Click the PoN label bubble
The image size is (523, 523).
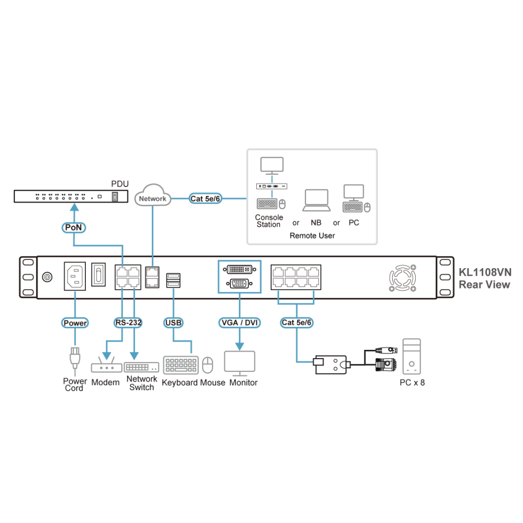[74, 227]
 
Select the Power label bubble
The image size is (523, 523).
[75, 323]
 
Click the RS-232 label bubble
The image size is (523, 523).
[128, 323]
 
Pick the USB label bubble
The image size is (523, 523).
[174, 323]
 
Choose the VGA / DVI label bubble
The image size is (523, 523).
[239, 323]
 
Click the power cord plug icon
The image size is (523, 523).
[75, 358]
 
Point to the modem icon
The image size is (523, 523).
[106, 367]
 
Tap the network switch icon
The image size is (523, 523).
[141, 367]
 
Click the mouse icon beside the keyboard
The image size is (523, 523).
[207, 365]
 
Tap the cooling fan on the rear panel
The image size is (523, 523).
[402, 277]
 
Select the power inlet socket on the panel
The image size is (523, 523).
[75, 277]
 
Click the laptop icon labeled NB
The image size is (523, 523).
[316, 200]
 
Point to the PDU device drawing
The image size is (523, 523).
[71, 196]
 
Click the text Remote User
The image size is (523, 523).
[312, 235]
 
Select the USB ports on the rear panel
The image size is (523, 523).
[173, 280]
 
